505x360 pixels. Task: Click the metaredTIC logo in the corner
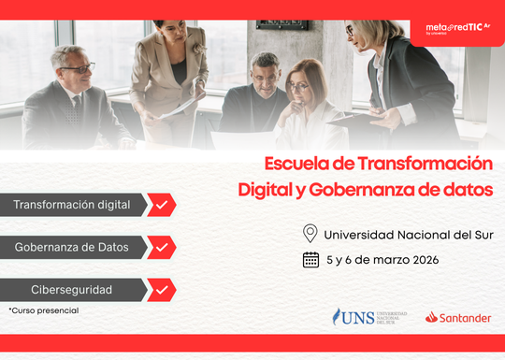click(458, 30)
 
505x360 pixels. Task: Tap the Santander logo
click(457, 318)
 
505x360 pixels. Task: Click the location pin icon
click(310, 234)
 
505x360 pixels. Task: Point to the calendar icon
click(310, 260)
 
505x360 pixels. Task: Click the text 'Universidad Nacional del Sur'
click(408, 234)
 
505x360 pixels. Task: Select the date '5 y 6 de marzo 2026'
click(382, 260)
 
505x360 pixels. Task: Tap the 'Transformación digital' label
click(72, 205)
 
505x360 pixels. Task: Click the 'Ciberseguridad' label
click(72, 290)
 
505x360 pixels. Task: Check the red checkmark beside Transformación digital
click(161, 205)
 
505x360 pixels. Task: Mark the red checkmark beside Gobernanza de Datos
click(161, 248)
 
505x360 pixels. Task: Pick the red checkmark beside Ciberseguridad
click(161, 290)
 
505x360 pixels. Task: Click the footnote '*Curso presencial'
click(44, 310)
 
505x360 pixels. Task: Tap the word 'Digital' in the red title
click(265, 190)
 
